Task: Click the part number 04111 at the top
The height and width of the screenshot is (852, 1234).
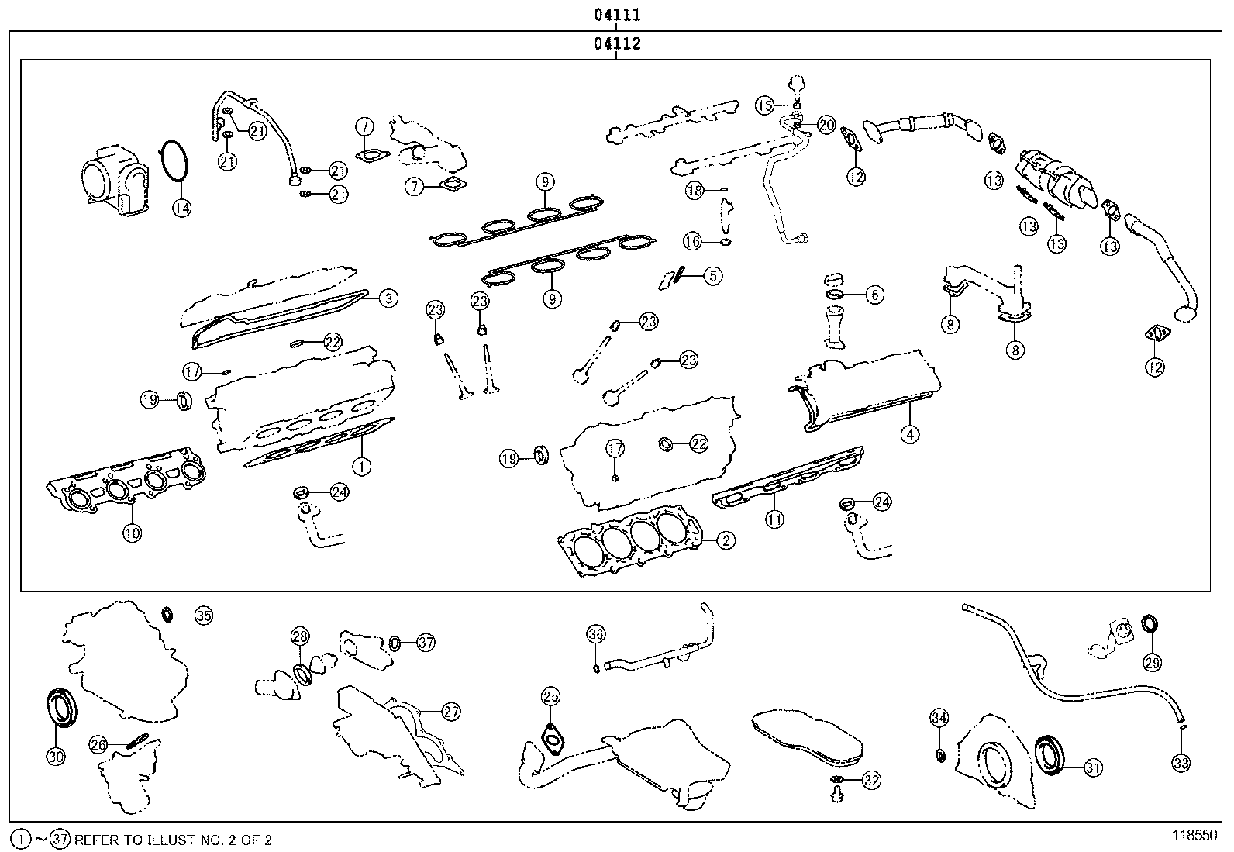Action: (x=617, y=14)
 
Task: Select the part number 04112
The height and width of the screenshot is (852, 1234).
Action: (x=617, y=43)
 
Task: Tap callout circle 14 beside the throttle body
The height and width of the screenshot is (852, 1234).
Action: (x=182, y=208)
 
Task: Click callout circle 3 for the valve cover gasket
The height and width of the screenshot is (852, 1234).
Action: (x=388, y=298)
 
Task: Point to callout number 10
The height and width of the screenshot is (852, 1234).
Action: (x=133, y=533)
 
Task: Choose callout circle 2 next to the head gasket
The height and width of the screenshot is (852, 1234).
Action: (x=726, y=540)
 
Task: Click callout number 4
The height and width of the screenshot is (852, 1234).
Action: (x=910, y=435)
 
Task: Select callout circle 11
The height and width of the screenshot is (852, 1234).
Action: (x=774, y=519)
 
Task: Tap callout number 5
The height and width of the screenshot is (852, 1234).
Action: (x=713, y=276)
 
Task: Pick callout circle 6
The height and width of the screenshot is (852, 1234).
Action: (x=875, y=295)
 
